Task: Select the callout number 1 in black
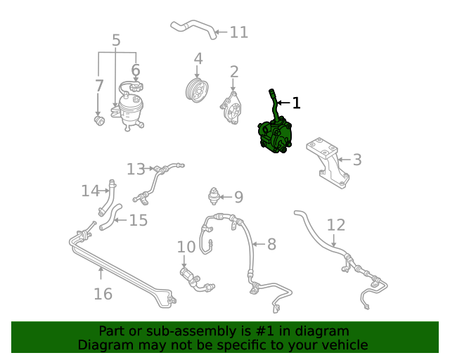click(x=296, y=103)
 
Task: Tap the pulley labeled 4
click(x=197, y=89)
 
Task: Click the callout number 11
click(x=239, y=32)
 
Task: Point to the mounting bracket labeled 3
click(x=328, y=162)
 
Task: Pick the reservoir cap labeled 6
click(x=136, y=86)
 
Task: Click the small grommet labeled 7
click(x=99, y=120)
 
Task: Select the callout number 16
click(x=103, y=294)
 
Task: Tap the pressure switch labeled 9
click(x=214, y=196)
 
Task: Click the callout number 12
click(x=336, y=225)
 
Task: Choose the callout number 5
click(x=116, y=40)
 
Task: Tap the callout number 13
click(x=136, y=169)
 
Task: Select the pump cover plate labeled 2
click(x=231, y=108)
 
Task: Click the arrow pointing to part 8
click(x=259, y=244)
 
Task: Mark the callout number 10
click(x=186, y=247)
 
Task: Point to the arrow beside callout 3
click(x=344, y=160)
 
